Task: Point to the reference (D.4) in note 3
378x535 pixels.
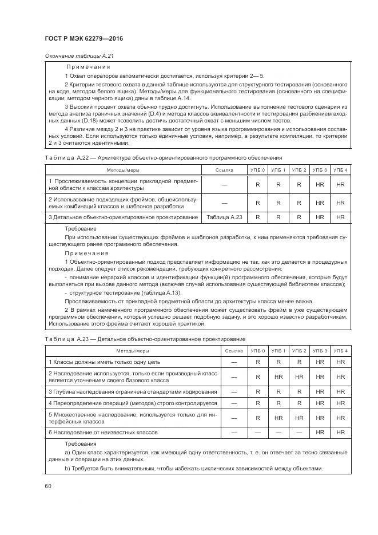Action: point(156,114)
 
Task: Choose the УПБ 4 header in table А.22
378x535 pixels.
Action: point(341,170)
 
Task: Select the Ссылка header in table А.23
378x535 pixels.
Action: point(233,350)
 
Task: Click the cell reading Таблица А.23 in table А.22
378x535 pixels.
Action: point(225,217)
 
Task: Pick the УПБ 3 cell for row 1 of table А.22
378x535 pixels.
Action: point(320,185)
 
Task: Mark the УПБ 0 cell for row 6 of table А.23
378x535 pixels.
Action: point(258,432)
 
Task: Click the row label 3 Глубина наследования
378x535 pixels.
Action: point(133,391)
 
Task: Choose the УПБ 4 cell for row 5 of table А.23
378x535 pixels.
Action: point(341,418)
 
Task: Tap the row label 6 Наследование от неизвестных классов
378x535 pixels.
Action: point(103,432)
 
